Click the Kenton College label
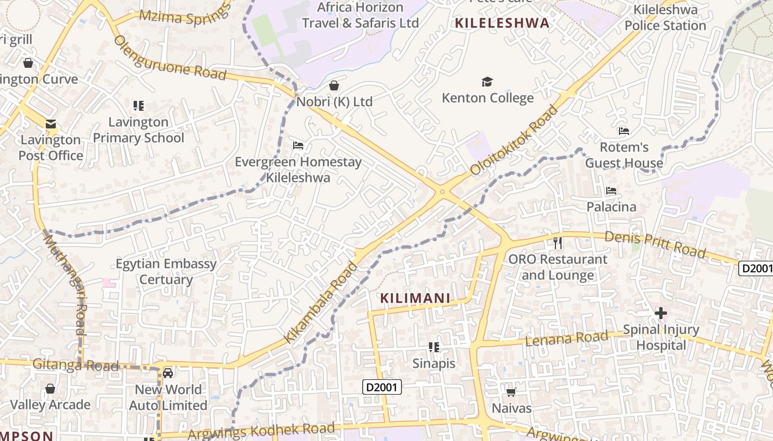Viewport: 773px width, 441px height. coord(488,98)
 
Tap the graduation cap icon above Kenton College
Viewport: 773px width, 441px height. coord(486,82)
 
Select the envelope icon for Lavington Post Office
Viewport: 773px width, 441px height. coord(51,124)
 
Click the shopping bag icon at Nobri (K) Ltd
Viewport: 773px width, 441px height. coord(333,85)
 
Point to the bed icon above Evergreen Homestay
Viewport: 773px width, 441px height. coord(298,146)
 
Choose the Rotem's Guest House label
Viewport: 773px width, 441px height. coord(624,155)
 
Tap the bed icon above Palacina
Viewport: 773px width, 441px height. coord(611,191)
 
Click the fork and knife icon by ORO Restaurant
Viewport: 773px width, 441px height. coord(558,243)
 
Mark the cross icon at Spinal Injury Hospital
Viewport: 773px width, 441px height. coord(660,314)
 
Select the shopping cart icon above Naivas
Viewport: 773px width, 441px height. coord(511,392)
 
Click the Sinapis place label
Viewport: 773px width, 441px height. coord(434,363)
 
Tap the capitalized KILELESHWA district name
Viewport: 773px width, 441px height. coord(502,23)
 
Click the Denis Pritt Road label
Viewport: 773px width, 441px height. coord(655,244)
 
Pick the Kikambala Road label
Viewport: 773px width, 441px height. coord(321,303)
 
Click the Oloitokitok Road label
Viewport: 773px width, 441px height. coord(514,141)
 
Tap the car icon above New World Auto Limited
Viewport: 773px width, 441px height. coord(168,373)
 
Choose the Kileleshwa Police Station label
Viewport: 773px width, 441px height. coord(665,18)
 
